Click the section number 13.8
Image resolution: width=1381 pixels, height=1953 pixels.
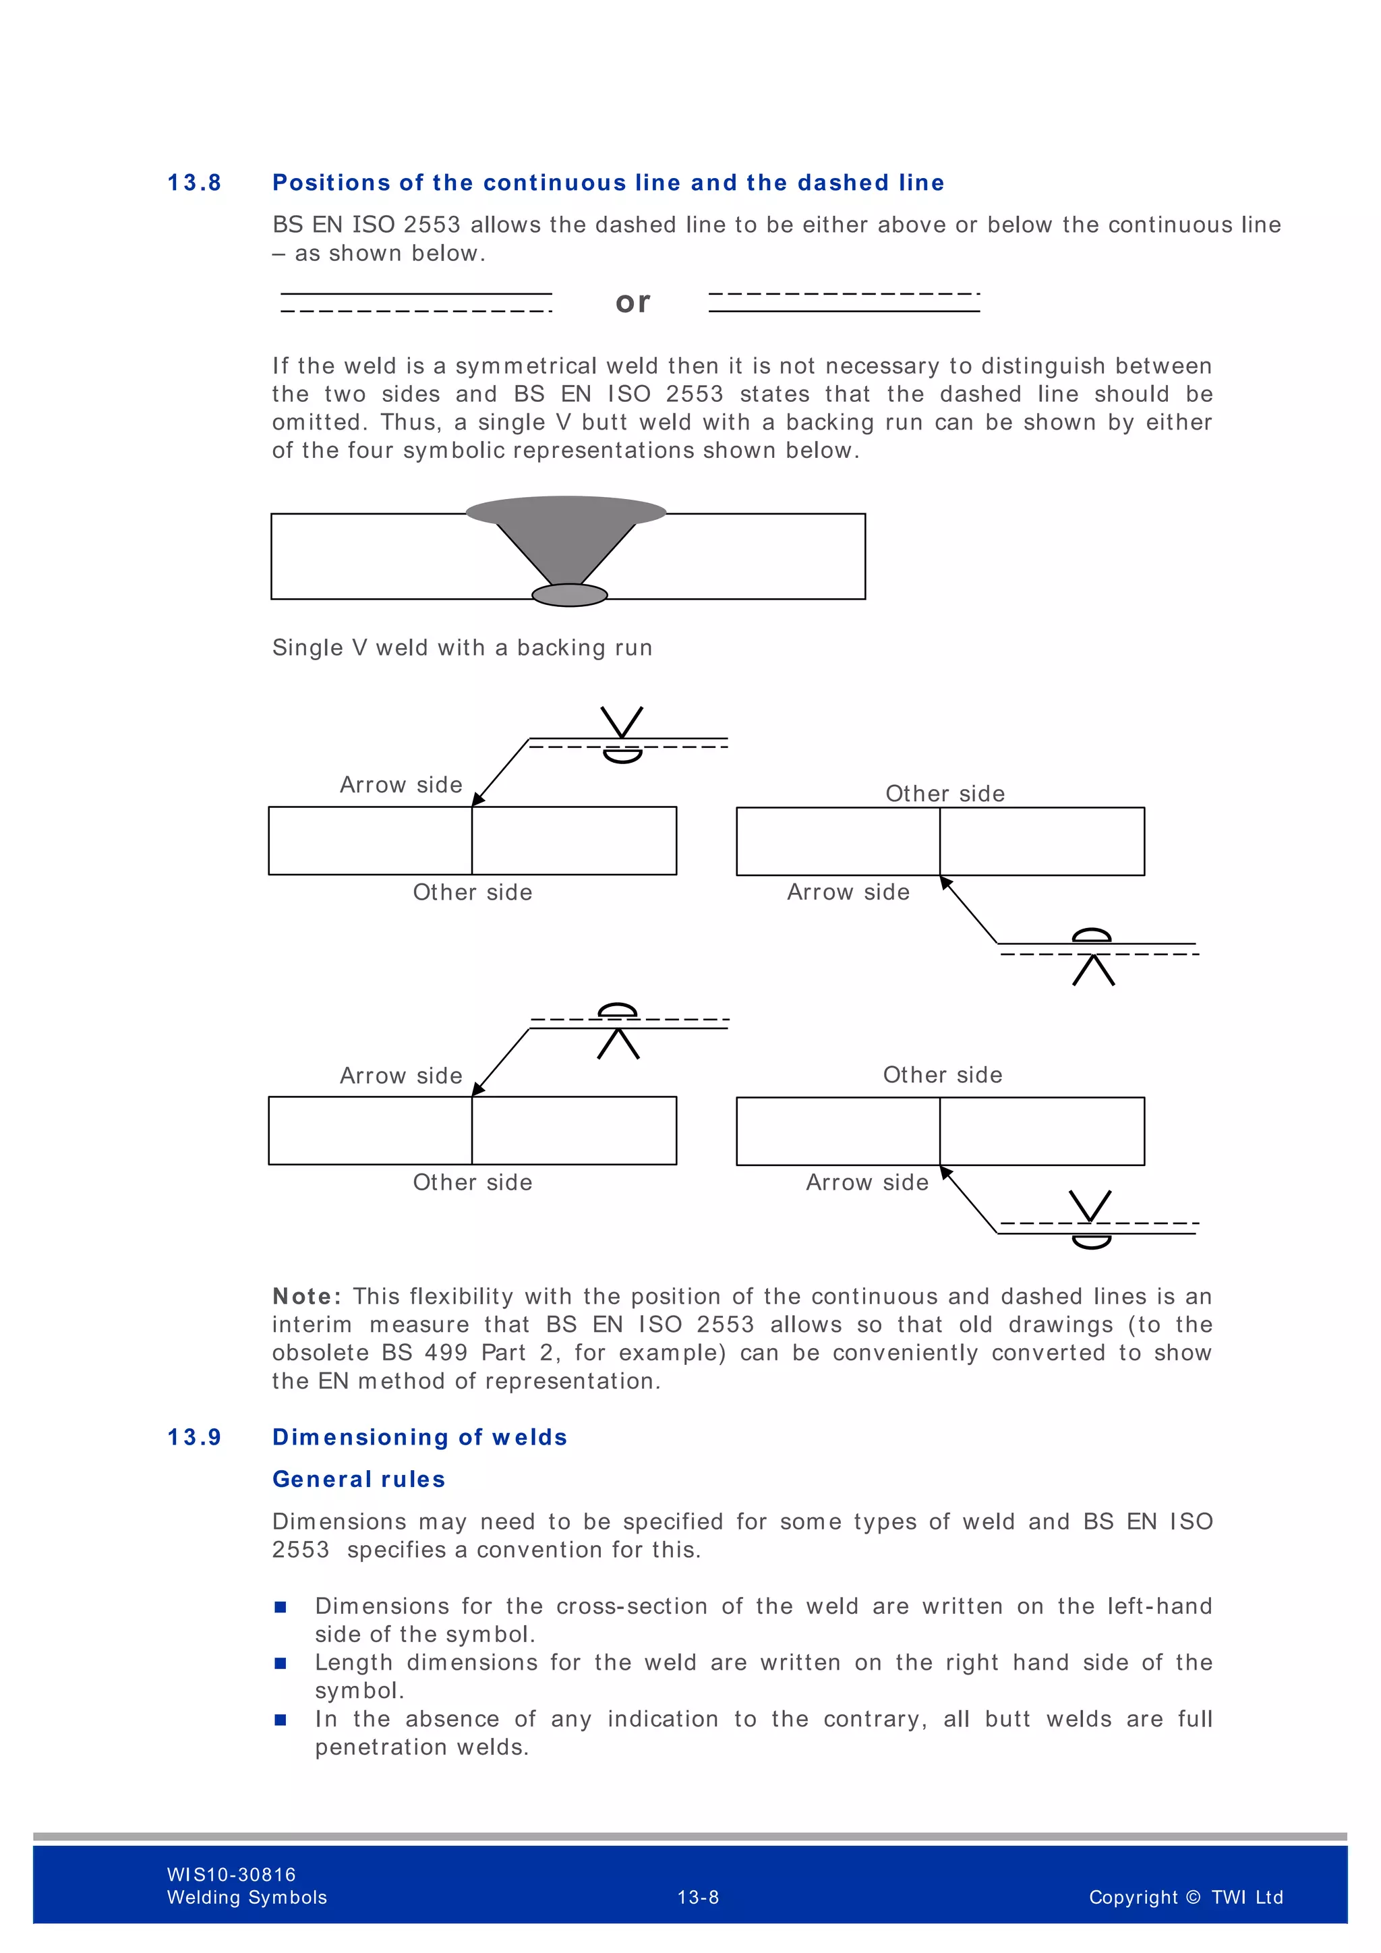point(194,183)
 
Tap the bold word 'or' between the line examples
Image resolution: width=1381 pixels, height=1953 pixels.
point(633,302)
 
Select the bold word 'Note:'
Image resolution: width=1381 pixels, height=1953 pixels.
point(307,1296)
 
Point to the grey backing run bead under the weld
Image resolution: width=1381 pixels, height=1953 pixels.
point(569,595)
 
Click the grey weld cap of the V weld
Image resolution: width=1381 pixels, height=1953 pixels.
point(566,511)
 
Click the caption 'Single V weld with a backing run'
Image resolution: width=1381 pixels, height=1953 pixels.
point(462,648)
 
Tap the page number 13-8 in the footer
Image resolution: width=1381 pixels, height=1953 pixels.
point(697,1897)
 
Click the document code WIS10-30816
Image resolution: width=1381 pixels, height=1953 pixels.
point(231,1874)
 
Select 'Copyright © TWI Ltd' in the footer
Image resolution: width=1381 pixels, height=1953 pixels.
point(1185,1897)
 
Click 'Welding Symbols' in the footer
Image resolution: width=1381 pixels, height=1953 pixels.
point(247,1898)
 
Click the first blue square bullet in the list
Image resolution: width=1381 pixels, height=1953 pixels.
point(281,1607)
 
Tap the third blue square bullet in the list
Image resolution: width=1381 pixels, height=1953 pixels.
point(281,1719)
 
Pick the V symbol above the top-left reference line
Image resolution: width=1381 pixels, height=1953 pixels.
point(622,722)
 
